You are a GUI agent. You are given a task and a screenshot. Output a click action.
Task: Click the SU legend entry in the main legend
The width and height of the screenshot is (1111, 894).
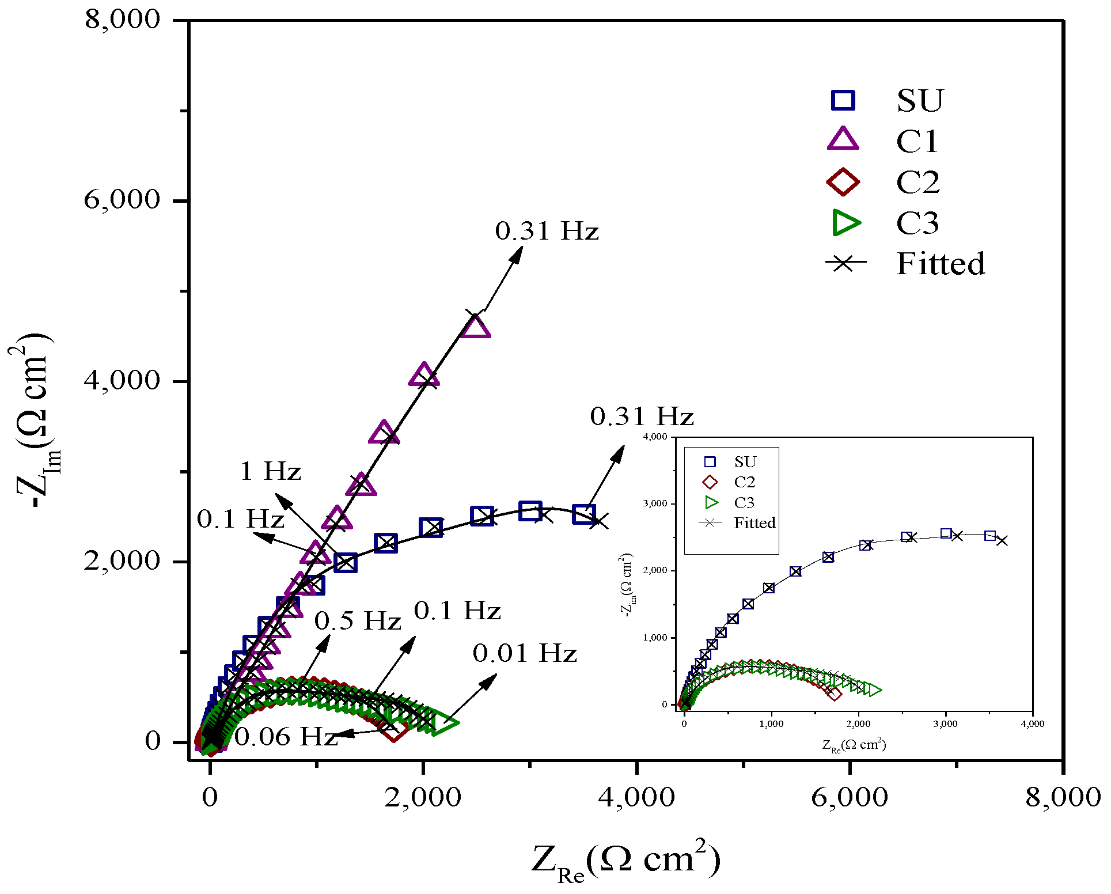920,101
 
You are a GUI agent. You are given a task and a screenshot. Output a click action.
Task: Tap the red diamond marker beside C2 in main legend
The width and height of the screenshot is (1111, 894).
843,182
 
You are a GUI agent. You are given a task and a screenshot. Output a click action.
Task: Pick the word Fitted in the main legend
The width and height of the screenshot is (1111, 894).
941,264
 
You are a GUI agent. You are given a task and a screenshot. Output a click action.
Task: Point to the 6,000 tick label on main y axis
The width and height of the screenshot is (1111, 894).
122,200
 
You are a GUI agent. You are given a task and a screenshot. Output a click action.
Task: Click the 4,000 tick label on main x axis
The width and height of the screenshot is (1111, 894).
636,798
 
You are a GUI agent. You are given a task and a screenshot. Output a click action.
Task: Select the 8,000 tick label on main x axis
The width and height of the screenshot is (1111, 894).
1063,798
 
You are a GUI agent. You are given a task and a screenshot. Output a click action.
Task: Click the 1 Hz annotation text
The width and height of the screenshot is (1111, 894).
270,472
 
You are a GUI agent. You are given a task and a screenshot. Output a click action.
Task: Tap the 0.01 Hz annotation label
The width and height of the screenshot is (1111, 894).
525,654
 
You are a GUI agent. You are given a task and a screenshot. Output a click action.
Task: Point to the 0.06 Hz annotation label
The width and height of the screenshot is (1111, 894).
285,737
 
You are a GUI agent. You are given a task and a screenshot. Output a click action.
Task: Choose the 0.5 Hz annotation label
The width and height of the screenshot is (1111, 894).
357,621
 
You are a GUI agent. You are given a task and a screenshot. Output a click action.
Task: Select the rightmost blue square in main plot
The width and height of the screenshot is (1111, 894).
583,514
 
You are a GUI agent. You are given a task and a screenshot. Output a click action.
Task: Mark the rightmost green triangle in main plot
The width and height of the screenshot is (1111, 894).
444,723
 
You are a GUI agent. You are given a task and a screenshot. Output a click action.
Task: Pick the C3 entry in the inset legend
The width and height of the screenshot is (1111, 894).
744,503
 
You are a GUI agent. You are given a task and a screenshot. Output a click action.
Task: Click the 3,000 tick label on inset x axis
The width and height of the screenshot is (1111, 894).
945,724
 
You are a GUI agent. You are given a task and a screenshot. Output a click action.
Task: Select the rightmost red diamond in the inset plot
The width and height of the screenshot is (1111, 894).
834,694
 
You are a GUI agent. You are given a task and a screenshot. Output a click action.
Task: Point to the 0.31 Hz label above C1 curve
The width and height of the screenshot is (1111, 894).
547,232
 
